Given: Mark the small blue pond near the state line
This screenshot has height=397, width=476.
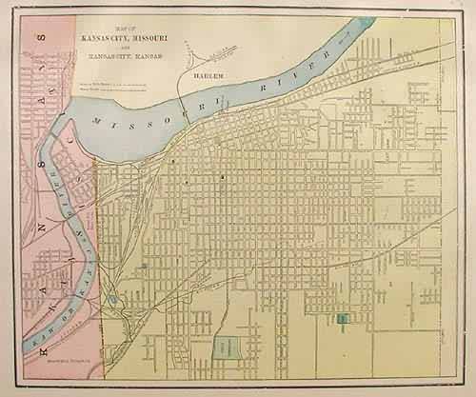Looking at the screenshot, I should [x=113, y=301].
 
